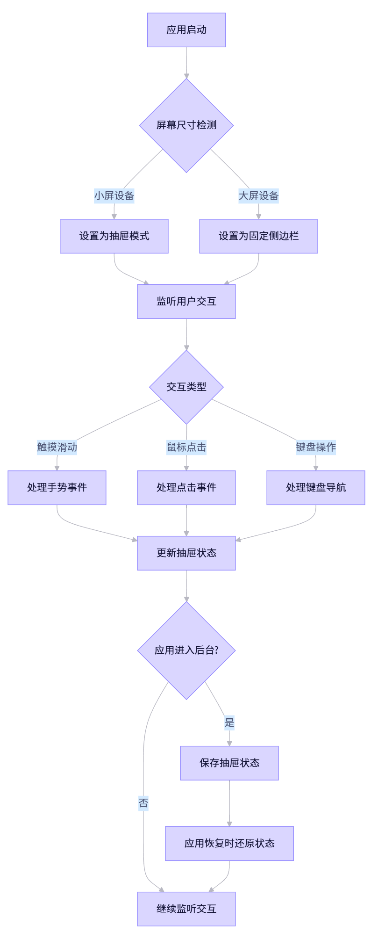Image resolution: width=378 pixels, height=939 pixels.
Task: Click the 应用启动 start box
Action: point(186,30)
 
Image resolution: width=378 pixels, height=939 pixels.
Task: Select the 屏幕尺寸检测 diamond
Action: point(186,125)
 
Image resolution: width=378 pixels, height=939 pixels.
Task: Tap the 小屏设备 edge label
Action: point(114,195)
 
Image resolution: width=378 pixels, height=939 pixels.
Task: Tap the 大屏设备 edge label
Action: point(258,195)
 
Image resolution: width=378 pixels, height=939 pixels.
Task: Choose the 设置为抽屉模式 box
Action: point(114,236)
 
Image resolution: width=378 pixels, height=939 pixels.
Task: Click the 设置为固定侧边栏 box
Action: point(258,236)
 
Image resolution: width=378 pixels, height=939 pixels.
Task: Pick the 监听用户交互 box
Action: point(186,302)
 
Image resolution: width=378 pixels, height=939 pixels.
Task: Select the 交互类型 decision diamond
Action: point(186,387)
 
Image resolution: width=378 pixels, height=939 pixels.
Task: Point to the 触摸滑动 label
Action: point(57,447)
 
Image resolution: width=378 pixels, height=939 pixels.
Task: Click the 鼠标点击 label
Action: point(186,447)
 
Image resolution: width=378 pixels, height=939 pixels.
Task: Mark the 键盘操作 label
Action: point(315,447)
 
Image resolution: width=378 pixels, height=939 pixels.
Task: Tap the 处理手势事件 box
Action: point(57,488)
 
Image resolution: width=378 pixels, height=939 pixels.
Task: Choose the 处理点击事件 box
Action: point(186,488)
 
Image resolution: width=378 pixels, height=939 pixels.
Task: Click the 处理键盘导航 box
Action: point(315,488)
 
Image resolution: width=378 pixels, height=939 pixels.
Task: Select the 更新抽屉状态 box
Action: point(186,553)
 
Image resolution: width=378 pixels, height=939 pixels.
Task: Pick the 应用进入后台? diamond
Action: point(186,650)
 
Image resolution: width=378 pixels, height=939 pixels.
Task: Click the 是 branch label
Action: point(229,722)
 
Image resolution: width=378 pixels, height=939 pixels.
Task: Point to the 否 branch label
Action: point(143,803)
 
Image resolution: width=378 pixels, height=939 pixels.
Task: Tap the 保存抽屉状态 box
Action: point(229,763)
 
